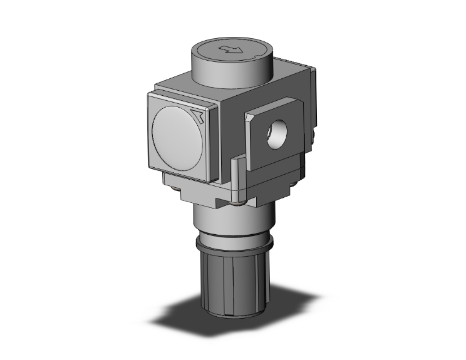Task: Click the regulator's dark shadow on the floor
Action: [x=188, y=319]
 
